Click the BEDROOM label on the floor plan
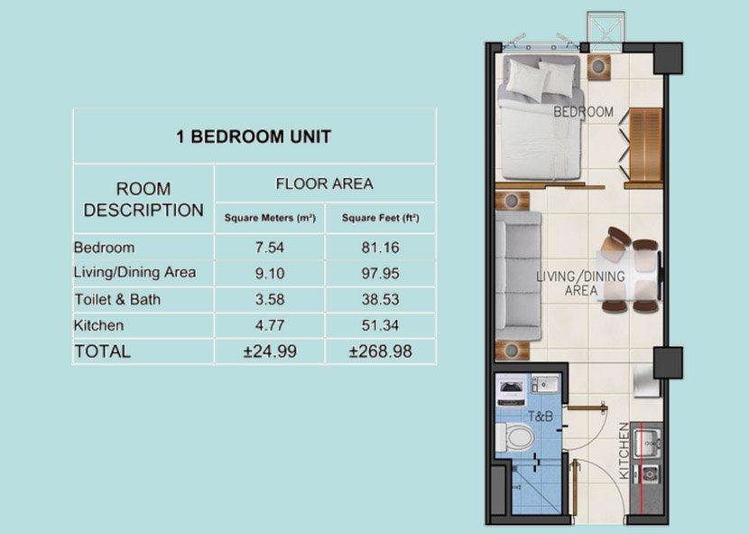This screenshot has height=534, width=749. (x=583, y=112)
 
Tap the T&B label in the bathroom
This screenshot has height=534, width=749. (x=540, y=417)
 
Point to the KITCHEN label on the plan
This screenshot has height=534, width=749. (x=624, y=451)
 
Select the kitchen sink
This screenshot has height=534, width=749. (x=649, y=444)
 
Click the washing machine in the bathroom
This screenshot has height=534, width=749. (x=512, y=390)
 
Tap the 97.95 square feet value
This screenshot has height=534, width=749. (x=379, y=272)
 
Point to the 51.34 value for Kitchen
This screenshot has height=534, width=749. (x=379, y=324)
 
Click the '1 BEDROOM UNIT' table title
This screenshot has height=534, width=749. (x=254, y=137)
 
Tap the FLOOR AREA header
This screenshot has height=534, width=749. (x=324, y=183)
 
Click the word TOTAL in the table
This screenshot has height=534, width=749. (x=102, y=351)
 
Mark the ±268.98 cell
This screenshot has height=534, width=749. (x=380, y=351)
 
